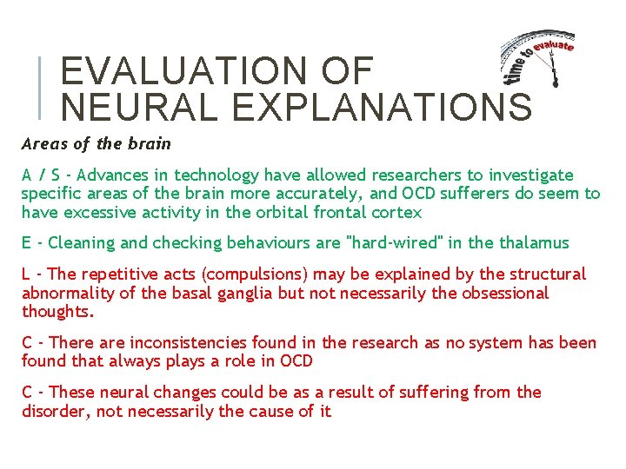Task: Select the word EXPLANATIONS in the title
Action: pyautogui.click(x=383, y=107)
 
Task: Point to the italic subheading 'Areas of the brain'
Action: pyautogui.click(x=97, y=143)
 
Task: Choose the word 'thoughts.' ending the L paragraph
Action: pyautogui.click(x=57, y=312)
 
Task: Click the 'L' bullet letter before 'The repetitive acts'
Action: pyautogui.click(x=26, y=274)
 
